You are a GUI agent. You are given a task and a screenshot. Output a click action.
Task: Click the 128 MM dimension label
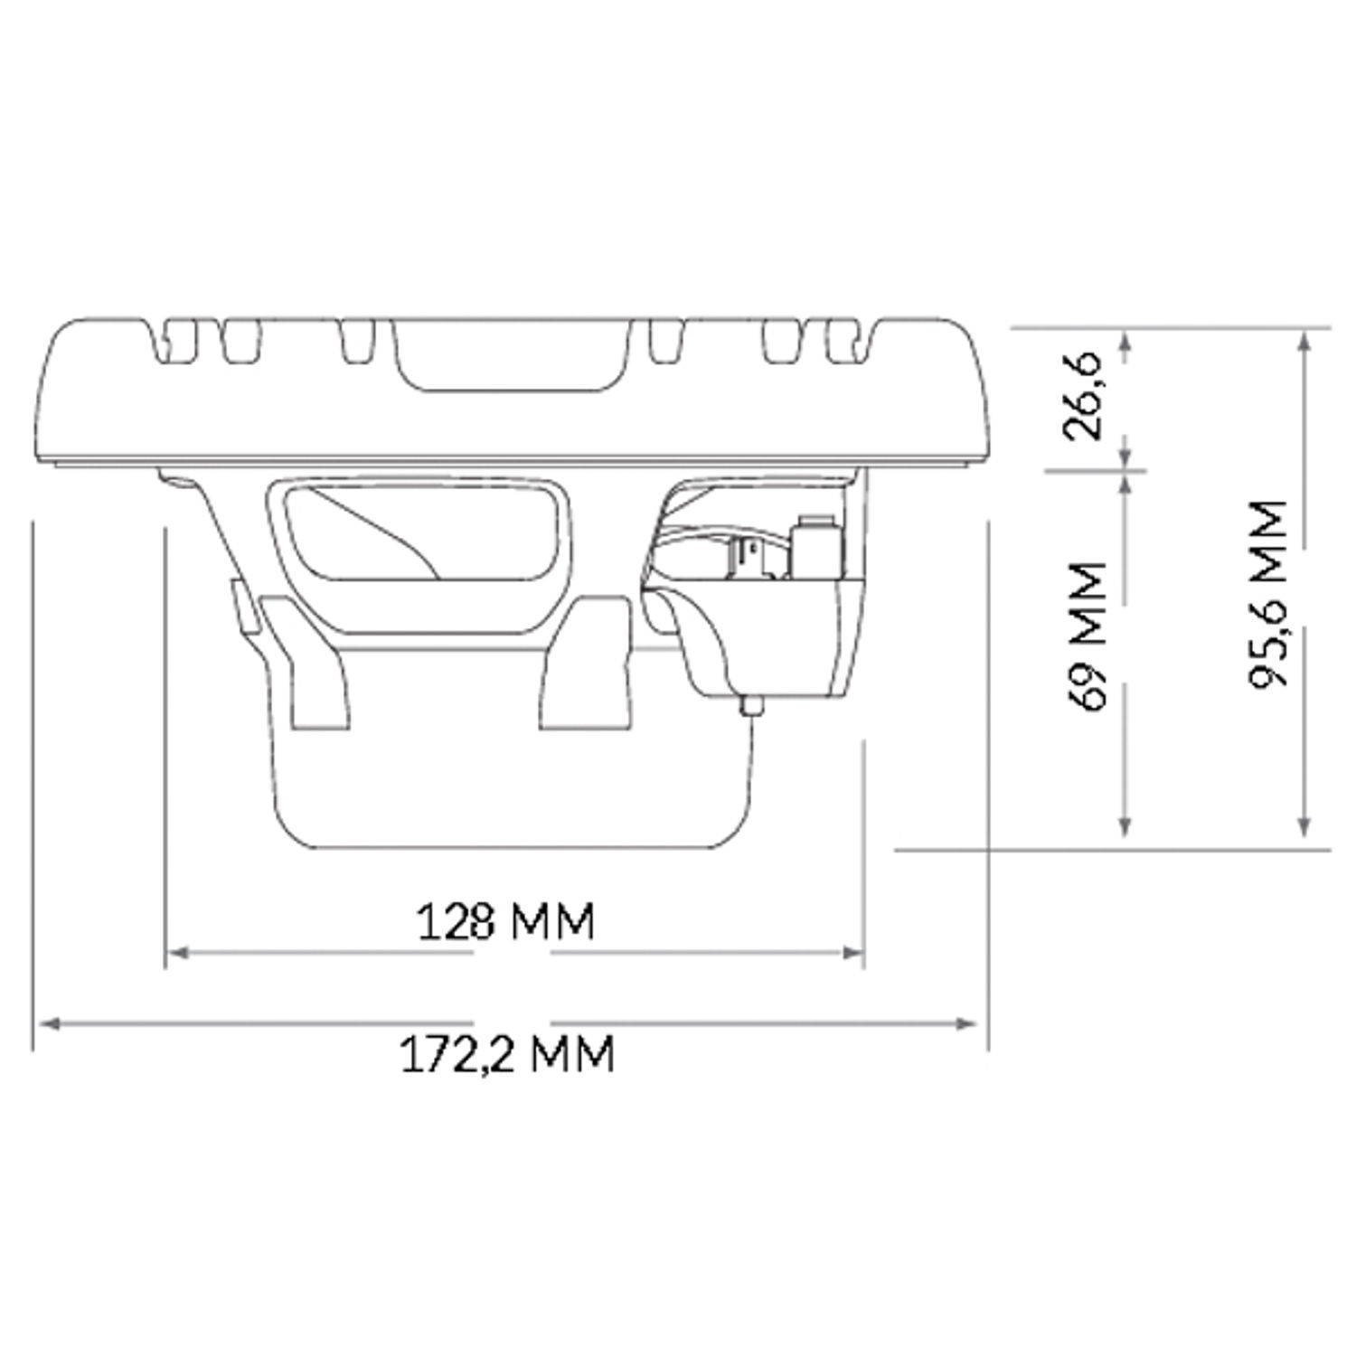[x=506, y=922]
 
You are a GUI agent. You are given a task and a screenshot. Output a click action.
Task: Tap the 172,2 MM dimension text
[x=507, y=1054]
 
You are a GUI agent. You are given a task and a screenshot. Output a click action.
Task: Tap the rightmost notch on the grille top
[x=843, y=340]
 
